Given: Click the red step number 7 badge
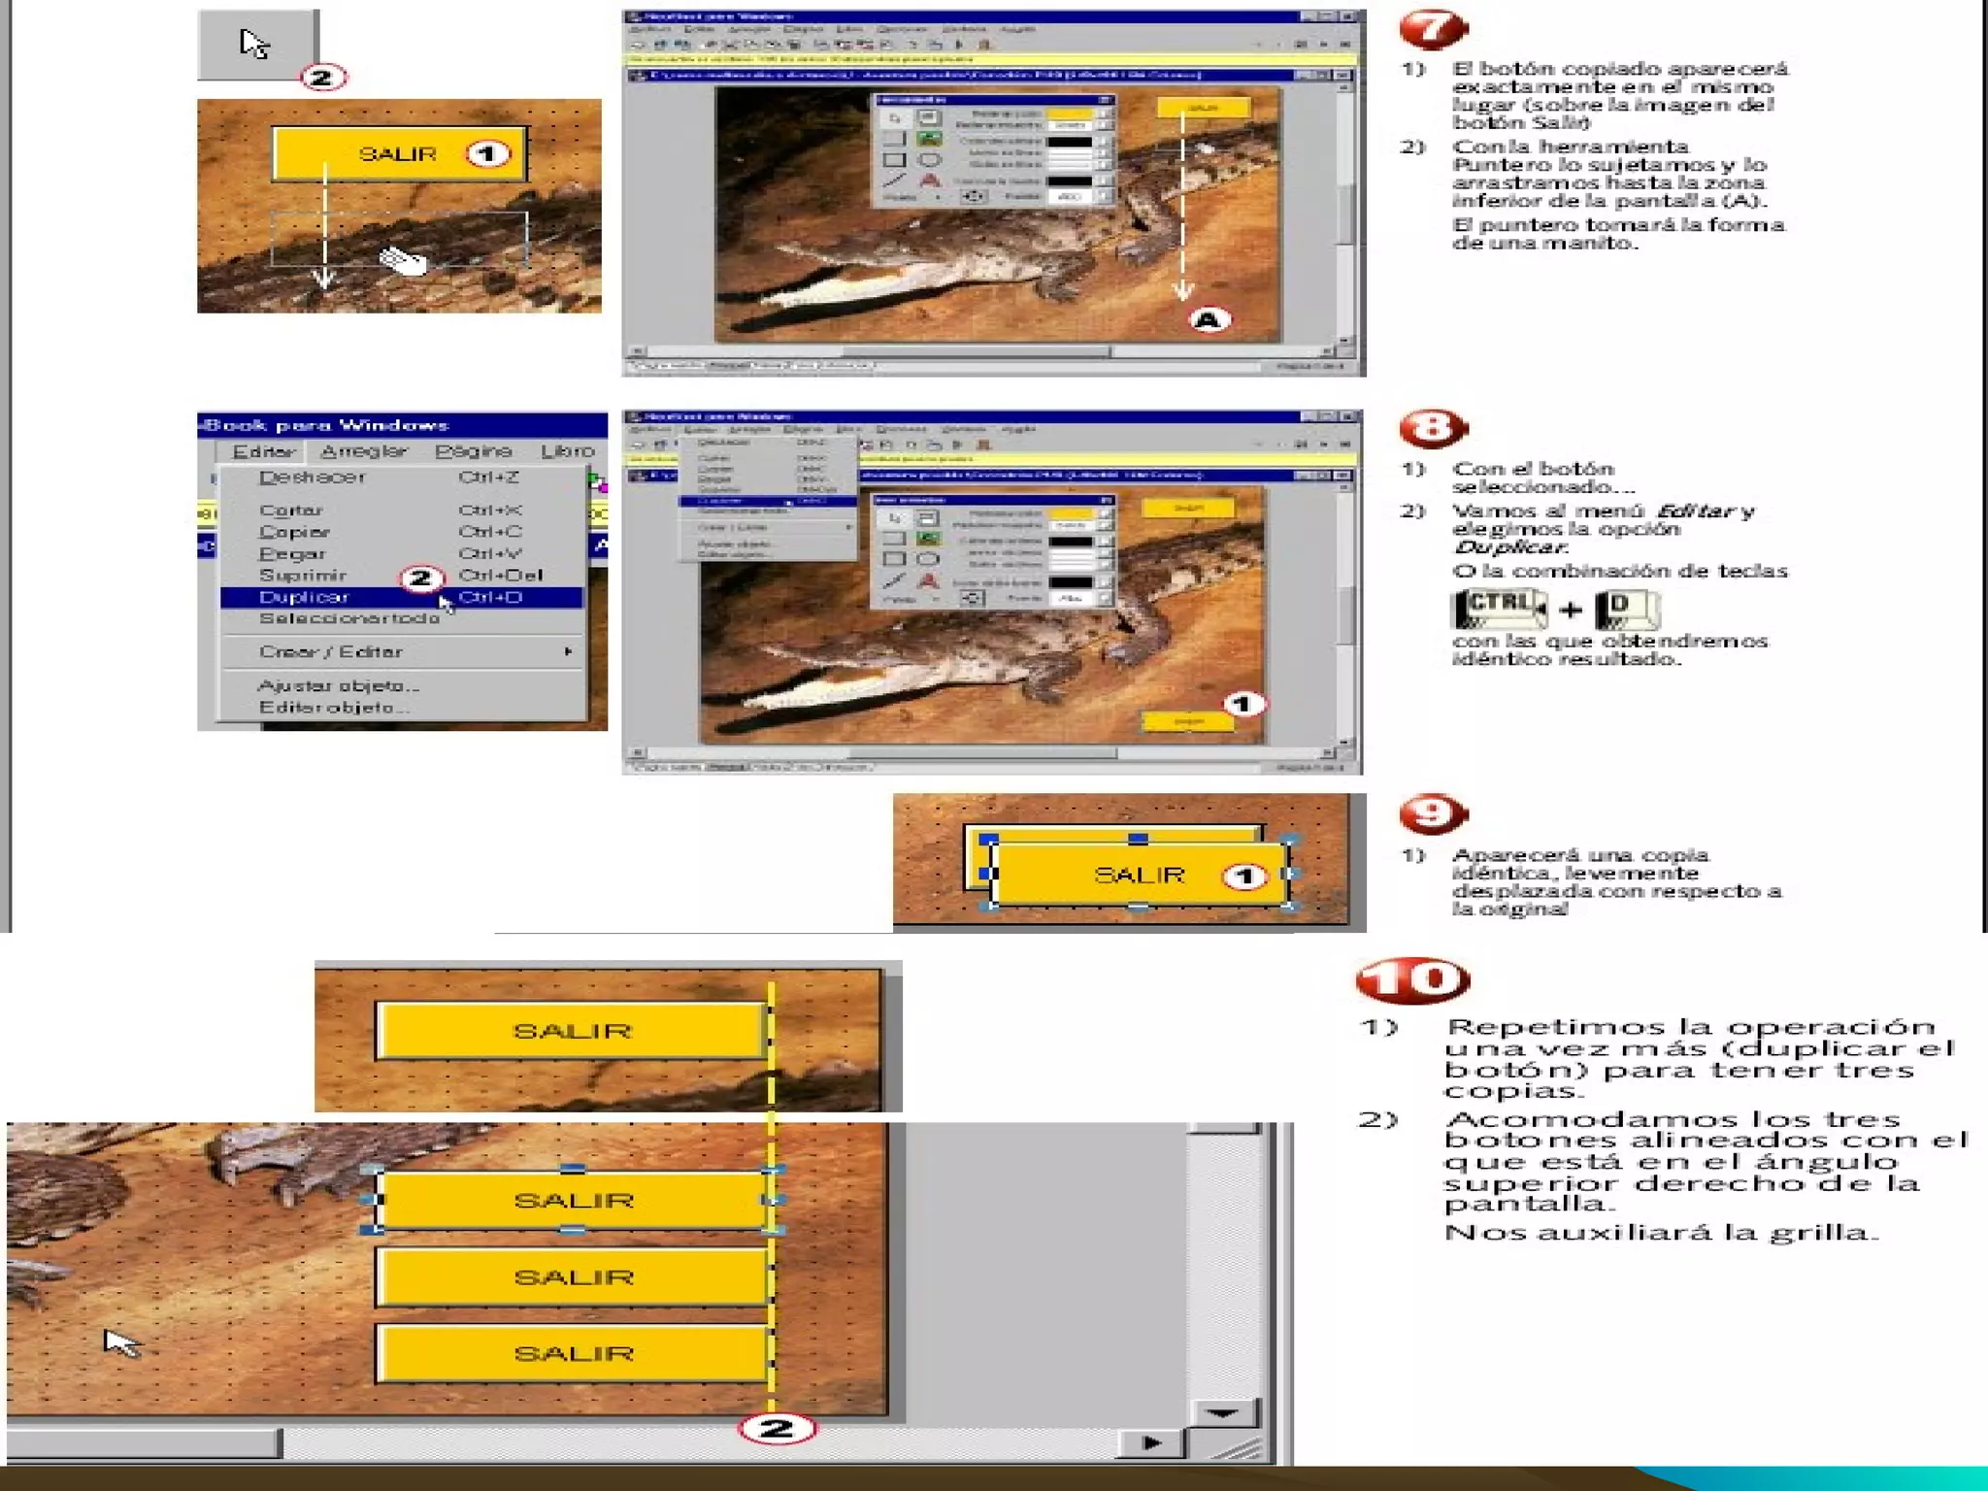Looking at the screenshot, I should click(x=1433, y=30).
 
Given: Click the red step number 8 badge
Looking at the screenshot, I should click(x=1433, y=428).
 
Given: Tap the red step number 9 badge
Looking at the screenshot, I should click(x=1433, y=813).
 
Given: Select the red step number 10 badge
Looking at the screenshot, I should click(x=1413, y=980).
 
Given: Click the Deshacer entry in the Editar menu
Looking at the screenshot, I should click(x=312, y=478).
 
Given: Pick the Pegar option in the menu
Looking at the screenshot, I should click(x=291, y=553).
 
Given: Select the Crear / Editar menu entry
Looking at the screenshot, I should click(x=330, y=652).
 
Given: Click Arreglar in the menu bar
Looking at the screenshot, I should click(x=363, y=451).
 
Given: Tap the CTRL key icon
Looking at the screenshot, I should click(x=1498, y=609).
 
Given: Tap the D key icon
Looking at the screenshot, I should click(x=1627, y=610).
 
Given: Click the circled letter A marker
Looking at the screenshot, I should click(x=1208, y=320).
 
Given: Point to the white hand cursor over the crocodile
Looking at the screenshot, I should click(x=403, y=261).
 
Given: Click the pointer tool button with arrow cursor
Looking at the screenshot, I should click(x=257, y=45).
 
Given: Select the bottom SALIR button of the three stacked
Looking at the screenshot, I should click(x=573, y=1353).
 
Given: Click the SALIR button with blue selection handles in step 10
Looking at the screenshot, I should click(x=573, y=1201).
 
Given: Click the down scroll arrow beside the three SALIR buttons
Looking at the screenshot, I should click(x=1221, y=1413).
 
